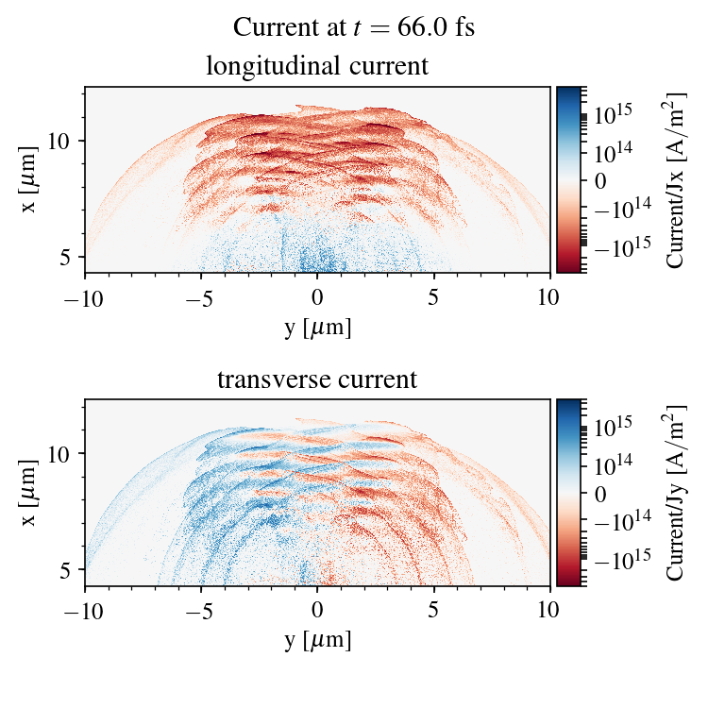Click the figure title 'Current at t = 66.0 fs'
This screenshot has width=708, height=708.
point(354,27)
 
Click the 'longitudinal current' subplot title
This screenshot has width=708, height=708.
point(317,67)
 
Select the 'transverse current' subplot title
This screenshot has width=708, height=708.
point(317,380)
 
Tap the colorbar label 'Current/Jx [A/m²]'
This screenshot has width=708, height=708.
point(676,180)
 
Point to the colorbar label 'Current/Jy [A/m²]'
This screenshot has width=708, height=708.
point(676,493)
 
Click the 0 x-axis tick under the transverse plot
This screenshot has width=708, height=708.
point(317,610)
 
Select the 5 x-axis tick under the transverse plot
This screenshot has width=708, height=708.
point(433,610)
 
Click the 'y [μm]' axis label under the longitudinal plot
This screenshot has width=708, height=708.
point(317,327)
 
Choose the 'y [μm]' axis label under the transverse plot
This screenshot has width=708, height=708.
point(317,640)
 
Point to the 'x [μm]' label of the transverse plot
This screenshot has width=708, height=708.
point(30,493)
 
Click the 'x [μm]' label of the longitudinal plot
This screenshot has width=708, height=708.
point(30,180)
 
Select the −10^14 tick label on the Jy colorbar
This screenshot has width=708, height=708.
point(620,521)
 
